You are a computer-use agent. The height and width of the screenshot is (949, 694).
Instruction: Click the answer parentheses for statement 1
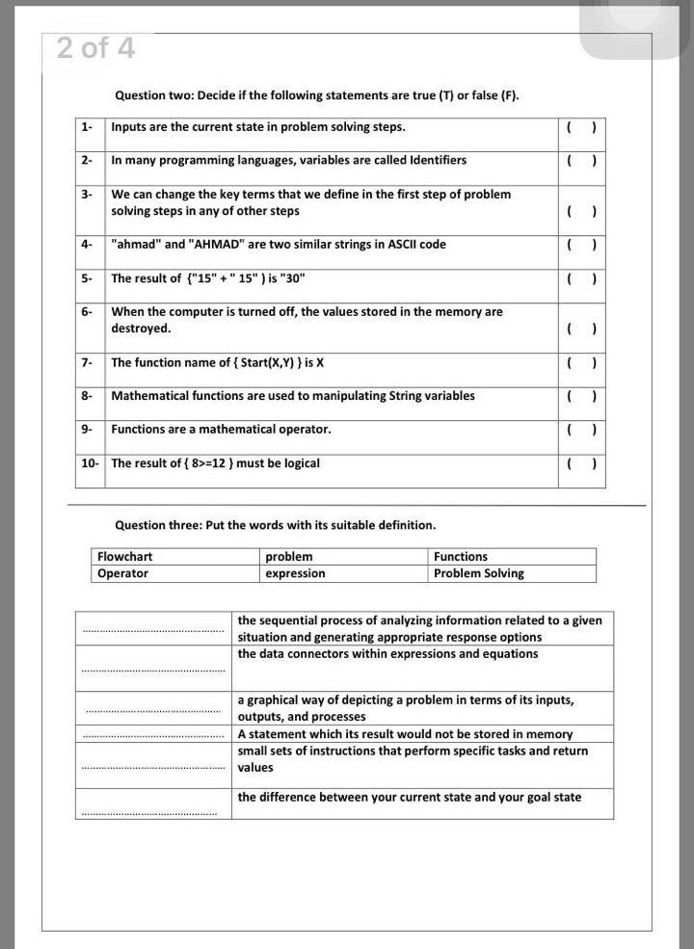click(582, 127)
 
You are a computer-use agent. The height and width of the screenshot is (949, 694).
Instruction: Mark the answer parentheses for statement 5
click(582, 278)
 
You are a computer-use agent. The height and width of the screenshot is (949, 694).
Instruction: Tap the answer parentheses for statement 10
click(582, 463)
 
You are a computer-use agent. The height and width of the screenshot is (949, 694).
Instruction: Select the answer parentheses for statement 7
click(582, 362)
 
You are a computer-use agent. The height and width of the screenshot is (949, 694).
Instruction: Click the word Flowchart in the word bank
click(125, 557)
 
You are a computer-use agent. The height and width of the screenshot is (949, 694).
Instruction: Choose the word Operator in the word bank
click(123, 573)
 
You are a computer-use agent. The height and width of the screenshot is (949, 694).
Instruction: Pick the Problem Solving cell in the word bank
click(479, 573)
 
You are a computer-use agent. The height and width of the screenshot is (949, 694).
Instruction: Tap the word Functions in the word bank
click(461, 557)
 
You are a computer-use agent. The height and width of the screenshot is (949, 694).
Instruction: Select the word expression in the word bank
click(295, 573)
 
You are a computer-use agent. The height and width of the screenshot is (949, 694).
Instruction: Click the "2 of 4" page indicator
click(95, 47)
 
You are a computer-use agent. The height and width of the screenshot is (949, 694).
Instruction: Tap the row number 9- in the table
click(87, 429)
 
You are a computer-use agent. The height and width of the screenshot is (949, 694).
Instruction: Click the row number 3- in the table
click(87, 194)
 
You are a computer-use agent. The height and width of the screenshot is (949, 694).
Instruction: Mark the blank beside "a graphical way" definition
click(152, 710)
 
